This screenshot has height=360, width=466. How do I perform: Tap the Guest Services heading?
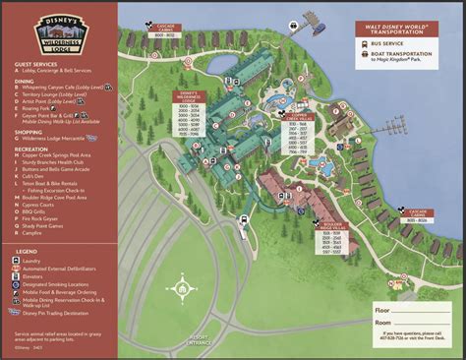35,67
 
